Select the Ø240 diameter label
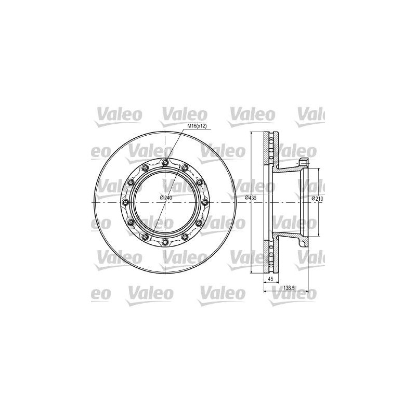[166, 198]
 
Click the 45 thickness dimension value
[270, 279]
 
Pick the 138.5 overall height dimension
[289, 287]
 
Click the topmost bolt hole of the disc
[165, 162]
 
